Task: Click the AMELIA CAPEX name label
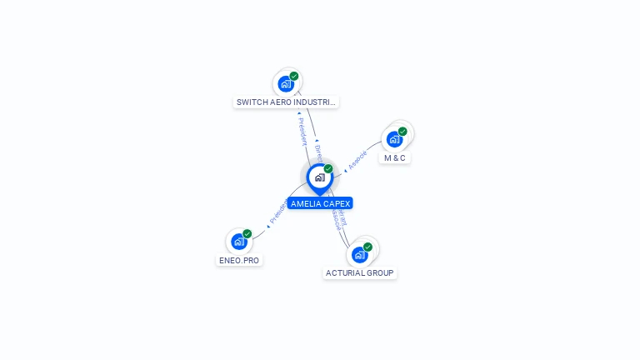(x=320, y=203)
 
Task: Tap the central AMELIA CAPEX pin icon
(x=319, y=177)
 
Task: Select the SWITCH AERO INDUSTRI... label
(x=286, y=102)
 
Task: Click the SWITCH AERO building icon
(x=286, y=83)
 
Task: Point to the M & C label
(x=395, y=157)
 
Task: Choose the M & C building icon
(x=394, y=139)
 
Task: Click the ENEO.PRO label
(x=239, y=260)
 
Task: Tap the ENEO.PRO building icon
(x=239, y=242)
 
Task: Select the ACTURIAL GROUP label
(x=360, y=272)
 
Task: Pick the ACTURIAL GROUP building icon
(x=359, y=254)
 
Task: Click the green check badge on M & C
(x=402, y=131)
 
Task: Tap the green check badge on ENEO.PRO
(x=247, y=234)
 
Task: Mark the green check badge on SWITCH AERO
(x=294, y=76)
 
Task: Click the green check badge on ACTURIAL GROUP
(x=367, y=247)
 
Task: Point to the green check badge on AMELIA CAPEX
(x=328, y=169)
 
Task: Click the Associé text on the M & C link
(x=357, y=161)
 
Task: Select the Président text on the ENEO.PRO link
(x=277, y=213)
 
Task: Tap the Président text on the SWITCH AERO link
(x=302, y=131)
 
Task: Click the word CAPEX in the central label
(x=337, y=203)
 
